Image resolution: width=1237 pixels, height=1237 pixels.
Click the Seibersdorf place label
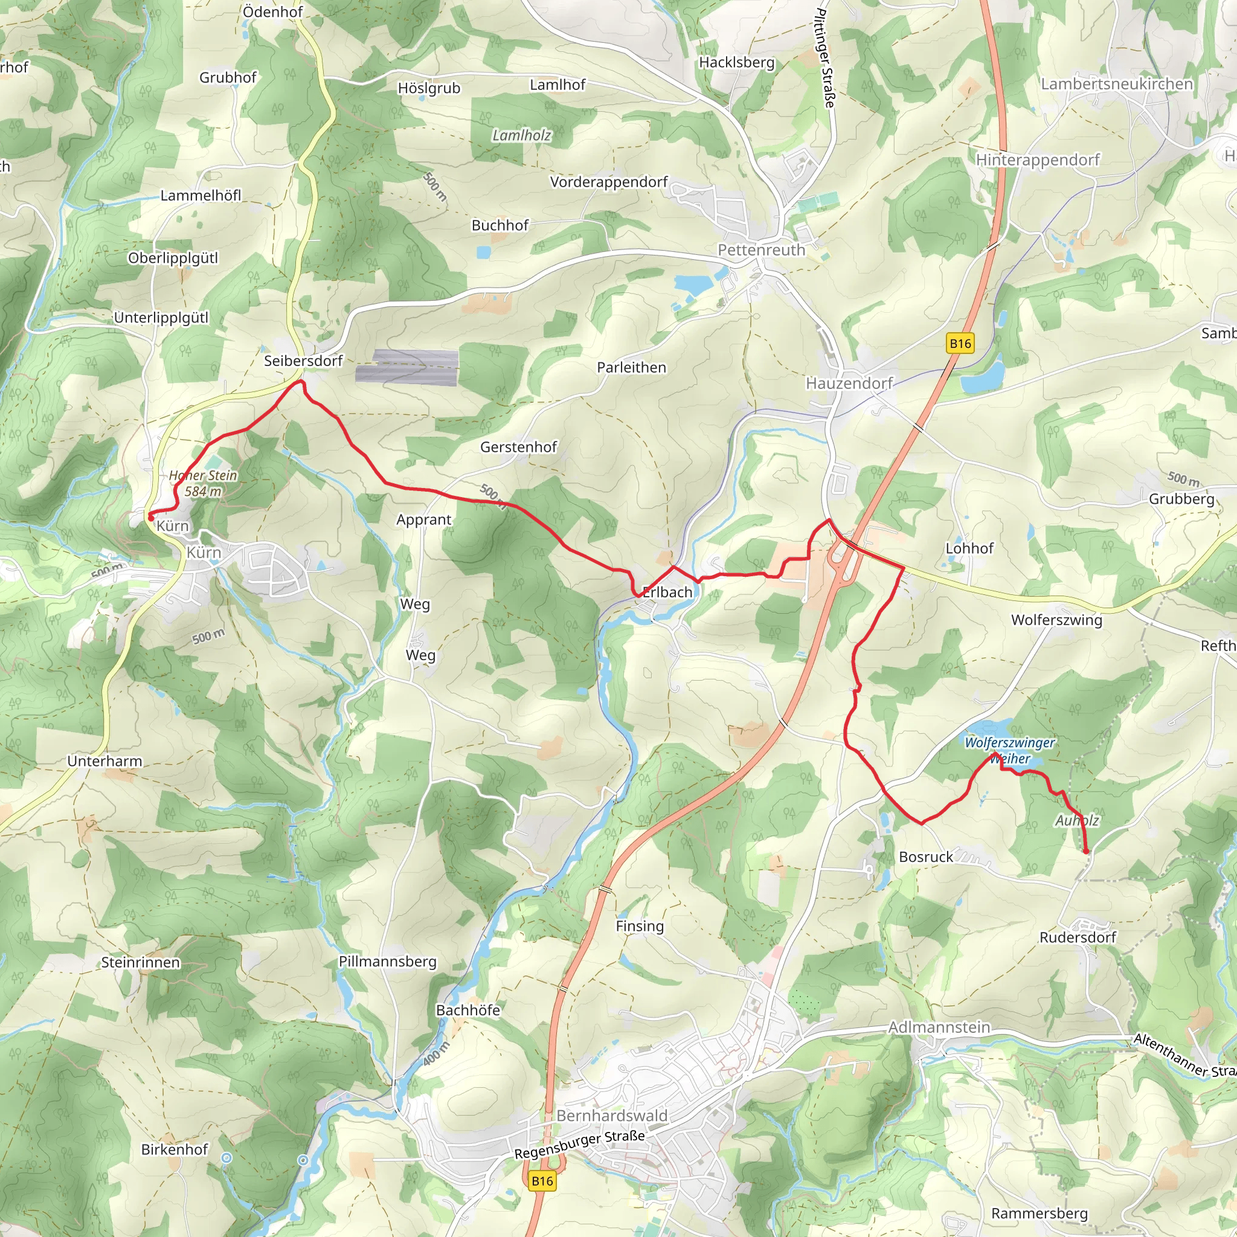pos(303,361)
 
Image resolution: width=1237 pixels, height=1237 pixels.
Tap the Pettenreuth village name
pos(761,250)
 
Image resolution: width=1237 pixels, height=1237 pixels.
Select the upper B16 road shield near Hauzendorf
pos(960,343)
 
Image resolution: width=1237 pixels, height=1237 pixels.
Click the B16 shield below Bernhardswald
pos(542,1181)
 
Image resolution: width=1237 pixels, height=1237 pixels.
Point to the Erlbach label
pos(667,593)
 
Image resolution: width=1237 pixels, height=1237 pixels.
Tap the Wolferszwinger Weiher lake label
pos(1010,750)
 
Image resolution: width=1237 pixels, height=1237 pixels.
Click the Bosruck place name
pos(926,856)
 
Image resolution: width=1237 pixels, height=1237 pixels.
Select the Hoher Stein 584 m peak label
pos(203,483)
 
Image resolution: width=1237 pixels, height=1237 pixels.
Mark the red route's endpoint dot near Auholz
pos(1086,851)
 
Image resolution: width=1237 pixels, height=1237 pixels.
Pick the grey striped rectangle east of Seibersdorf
pos(407,367)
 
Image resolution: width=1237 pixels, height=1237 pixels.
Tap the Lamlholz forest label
pos(521,135)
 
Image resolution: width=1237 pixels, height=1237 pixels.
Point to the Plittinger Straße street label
pos(825,57)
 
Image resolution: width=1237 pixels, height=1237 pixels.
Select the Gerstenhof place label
pos(519,447)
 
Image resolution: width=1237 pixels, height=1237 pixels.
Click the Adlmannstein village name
pos(939,1027)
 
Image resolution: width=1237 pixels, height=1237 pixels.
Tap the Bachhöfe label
pos(468,1010)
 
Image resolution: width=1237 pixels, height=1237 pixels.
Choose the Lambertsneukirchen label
pos(1117,84)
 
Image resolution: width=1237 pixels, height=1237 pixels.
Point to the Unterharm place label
pos(105,760)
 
